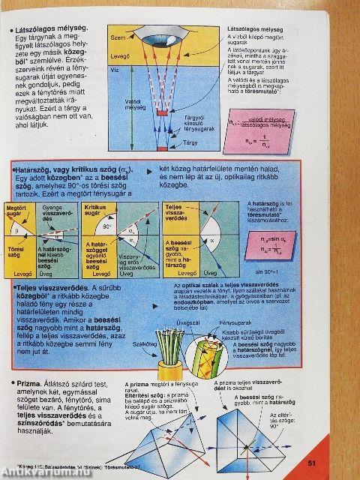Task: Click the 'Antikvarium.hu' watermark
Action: (40, 472)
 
